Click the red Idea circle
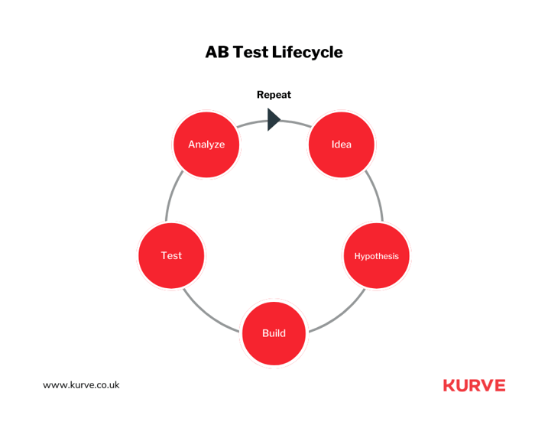click(x=342, y=144)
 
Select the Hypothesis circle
click(x=376, y=256)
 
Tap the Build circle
click(x=274, y=333)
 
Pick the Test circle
click(x=171, y=256)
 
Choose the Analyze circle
click(x=206, y=144)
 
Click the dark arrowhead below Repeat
click(x=274, y=119)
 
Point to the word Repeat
click(x=274, y=95)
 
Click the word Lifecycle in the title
click(x=307, y=53)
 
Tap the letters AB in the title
click(x=217, y=52)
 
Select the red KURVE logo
click(x=475, y=385)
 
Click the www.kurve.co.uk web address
click(x=81, y=385)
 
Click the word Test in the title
click(x=250, y=53)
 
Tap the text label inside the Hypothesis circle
click(x=376, y=257)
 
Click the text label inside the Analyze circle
click(x=206, y=144)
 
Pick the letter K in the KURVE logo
click(x=449, y=385)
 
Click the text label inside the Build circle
click(x=274, y=333)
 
